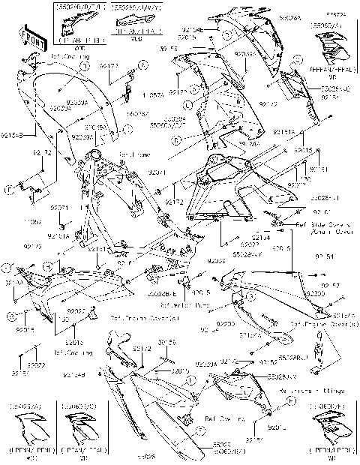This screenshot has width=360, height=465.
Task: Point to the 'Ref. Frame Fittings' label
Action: point(307,391)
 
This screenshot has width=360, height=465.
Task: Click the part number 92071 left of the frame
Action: point(59,208)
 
